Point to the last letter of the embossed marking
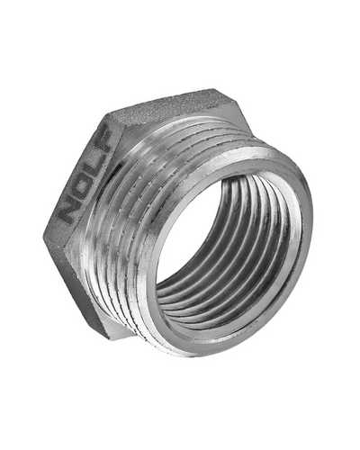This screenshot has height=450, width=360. [x=103, y=137]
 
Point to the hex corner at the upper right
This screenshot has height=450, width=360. [x=215, y=89]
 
